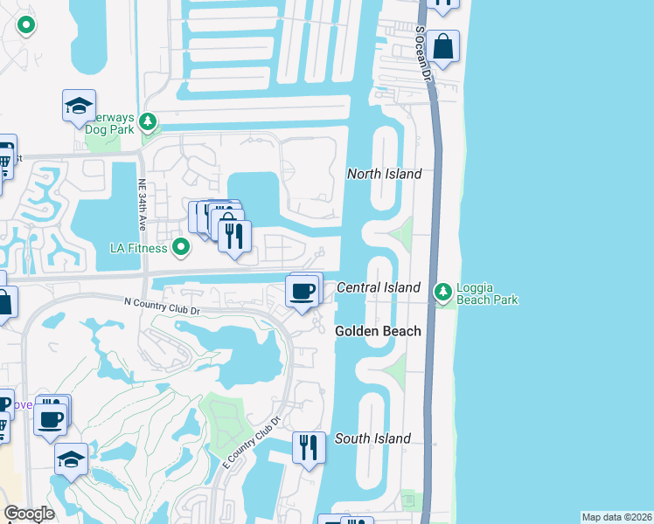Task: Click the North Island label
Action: click(384, 174)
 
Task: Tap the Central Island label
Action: click(379, 287)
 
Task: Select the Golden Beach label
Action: click(379, 331)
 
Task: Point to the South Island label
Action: click(372, 438)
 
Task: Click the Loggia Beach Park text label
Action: click(486, 293)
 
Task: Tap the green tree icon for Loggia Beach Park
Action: click(443, 292)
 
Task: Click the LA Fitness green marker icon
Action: click(181, 248)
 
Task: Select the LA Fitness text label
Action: click(138, 248)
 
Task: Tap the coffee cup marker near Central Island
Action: click(303, 290)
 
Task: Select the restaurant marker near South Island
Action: click(308, 447)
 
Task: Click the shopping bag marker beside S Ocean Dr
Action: click(443, 46)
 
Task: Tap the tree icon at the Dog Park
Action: click(150, 121)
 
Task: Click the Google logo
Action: click(29, 514)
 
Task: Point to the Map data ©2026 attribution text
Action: click(617, 517)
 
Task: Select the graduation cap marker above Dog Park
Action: click(79, 107)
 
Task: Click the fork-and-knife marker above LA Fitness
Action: click(234, 236)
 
